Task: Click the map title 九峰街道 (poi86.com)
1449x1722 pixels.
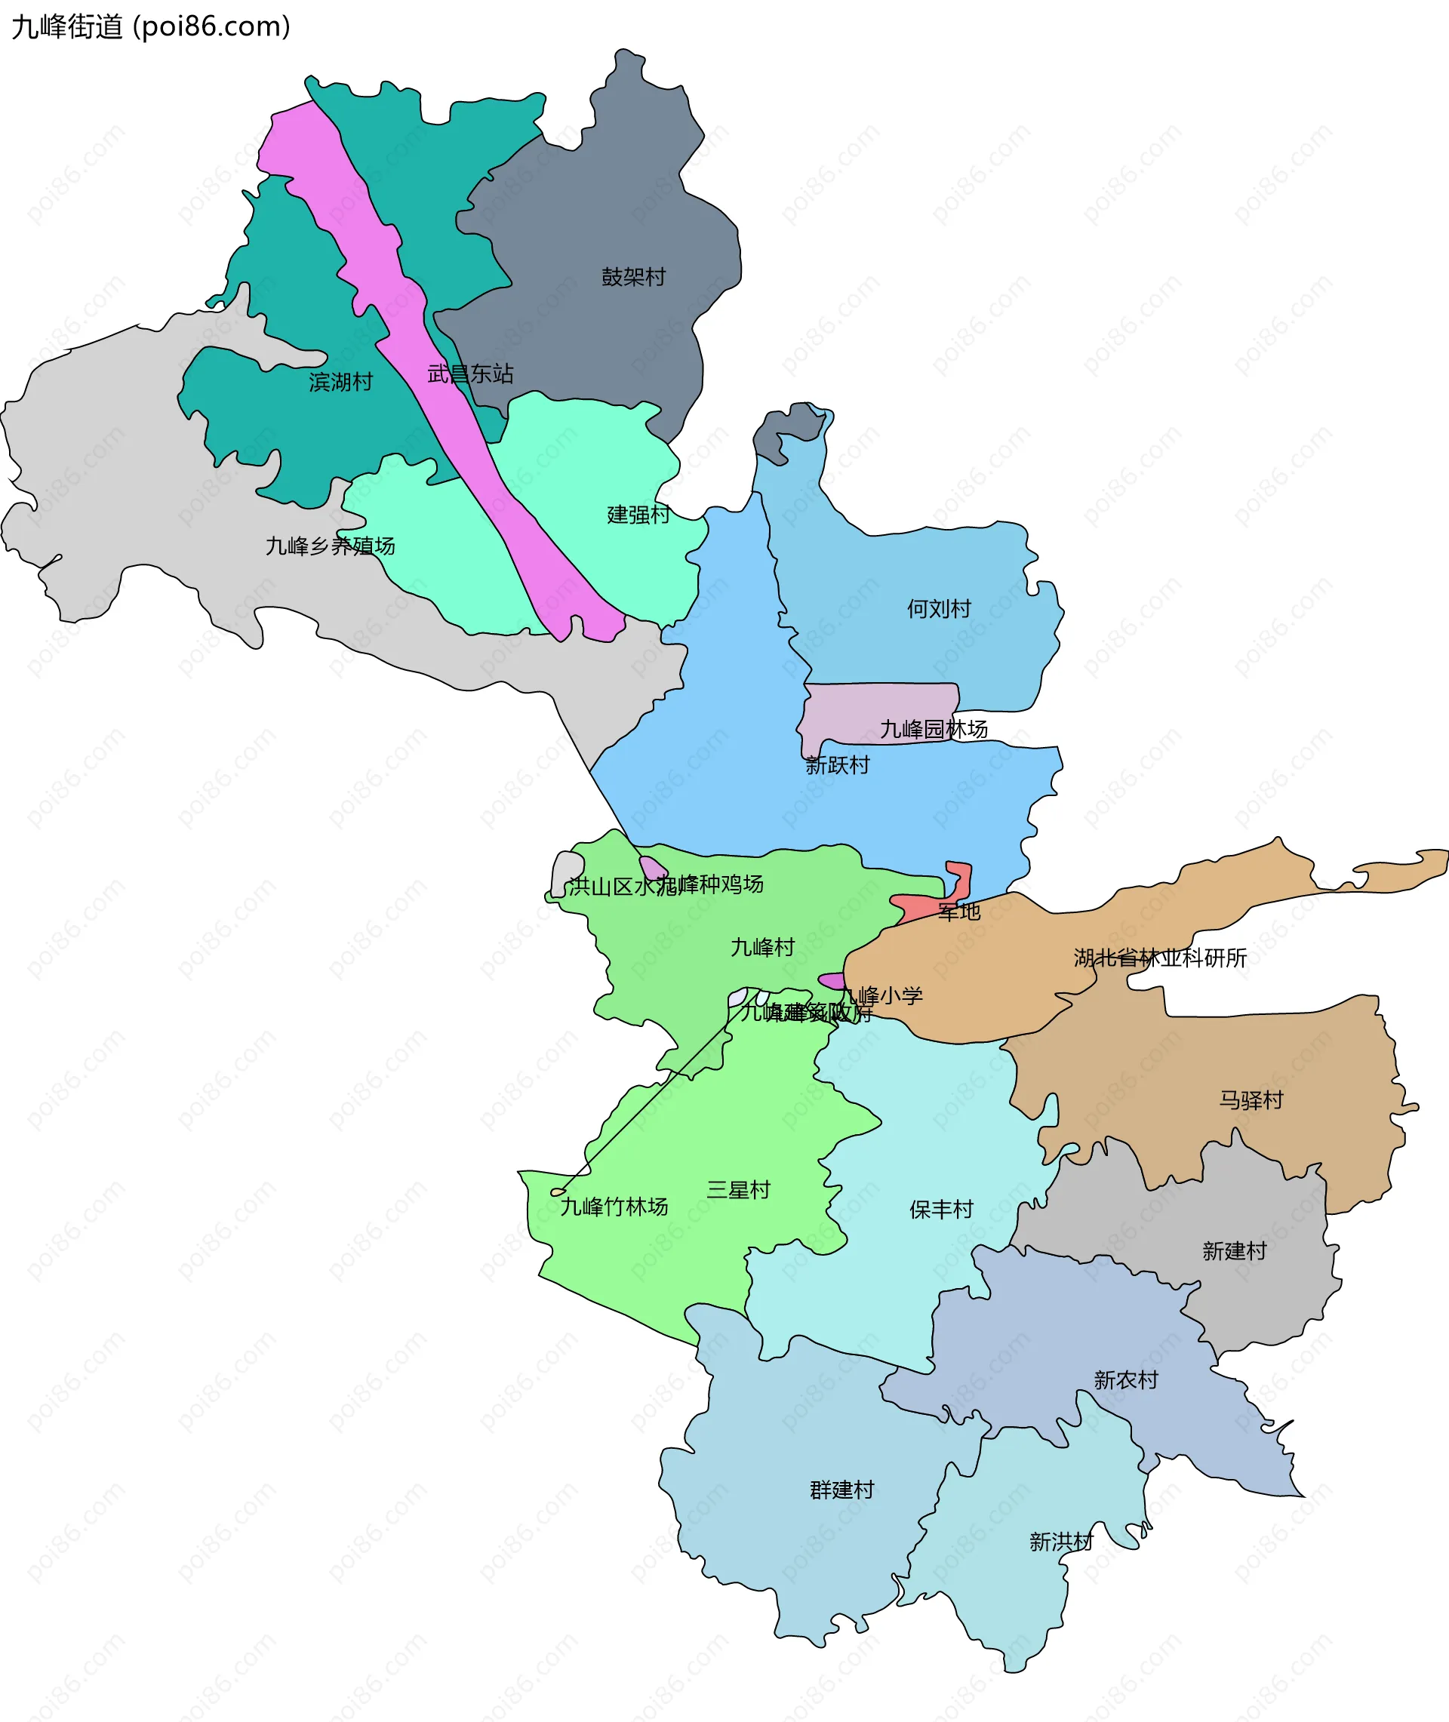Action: point(151,27)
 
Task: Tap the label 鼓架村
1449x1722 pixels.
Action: point(633,277)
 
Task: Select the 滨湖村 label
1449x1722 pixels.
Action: point(341,382)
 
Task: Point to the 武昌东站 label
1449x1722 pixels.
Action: point(471,374)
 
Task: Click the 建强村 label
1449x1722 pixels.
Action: point(638,515)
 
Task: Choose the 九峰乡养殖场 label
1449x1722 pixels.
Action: point(331,546)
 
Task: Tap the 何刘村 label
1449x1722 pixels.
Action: point(939,608)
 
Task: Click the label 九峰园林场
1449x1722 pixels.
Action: point(934,729)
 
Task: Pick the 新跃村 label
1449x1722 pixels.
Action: point(837,765)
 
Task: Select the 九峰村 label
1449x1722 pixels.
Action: point(763,948)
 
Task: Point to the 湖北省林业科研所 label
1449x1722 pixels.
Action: point(1160,958)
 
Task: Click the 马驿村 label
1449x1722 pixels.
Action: point(1251,1100)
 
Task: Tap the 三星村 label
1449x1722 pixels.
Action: point(739,1190)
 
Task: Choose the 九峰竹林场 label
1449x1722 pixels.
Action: point(614,1207)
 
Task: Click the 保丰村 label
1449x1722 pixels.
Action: point(941,1210)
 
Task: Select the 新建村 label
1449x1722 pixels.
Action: point(1235,1251)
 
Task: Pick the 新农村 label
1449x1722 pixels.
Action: point(1126,1380)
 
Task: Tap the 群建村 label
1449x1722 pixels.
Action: point(842,1490)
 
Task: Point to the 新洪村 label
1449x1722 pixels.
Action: point(1061,1542)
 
